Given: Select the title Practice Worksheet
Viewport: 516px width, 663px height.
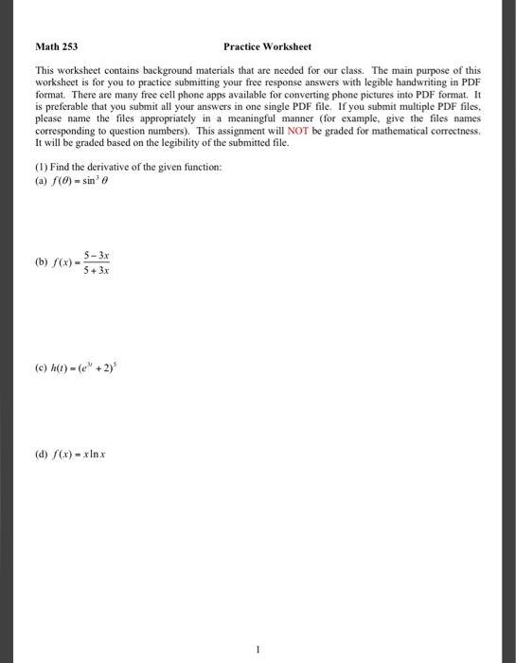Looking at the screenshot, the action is point(267,46).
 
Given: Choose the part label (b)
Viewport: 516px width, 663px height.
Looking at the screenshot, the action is point(41,261).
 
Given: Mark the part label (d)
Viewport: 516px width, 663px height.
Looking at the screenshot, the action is point(41,453).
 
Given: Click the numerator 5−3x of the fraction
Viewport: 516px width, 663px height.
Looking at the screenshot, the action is point(96,255).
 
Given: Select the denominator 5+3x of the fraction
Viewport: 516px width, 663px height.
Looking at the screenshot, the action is point(96,270).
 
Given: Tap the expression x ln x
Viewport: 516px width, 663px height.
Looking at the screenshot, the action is point(93,453).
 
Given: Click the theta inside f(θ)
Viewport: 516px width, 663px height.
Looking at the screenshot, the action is point(65,182).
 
